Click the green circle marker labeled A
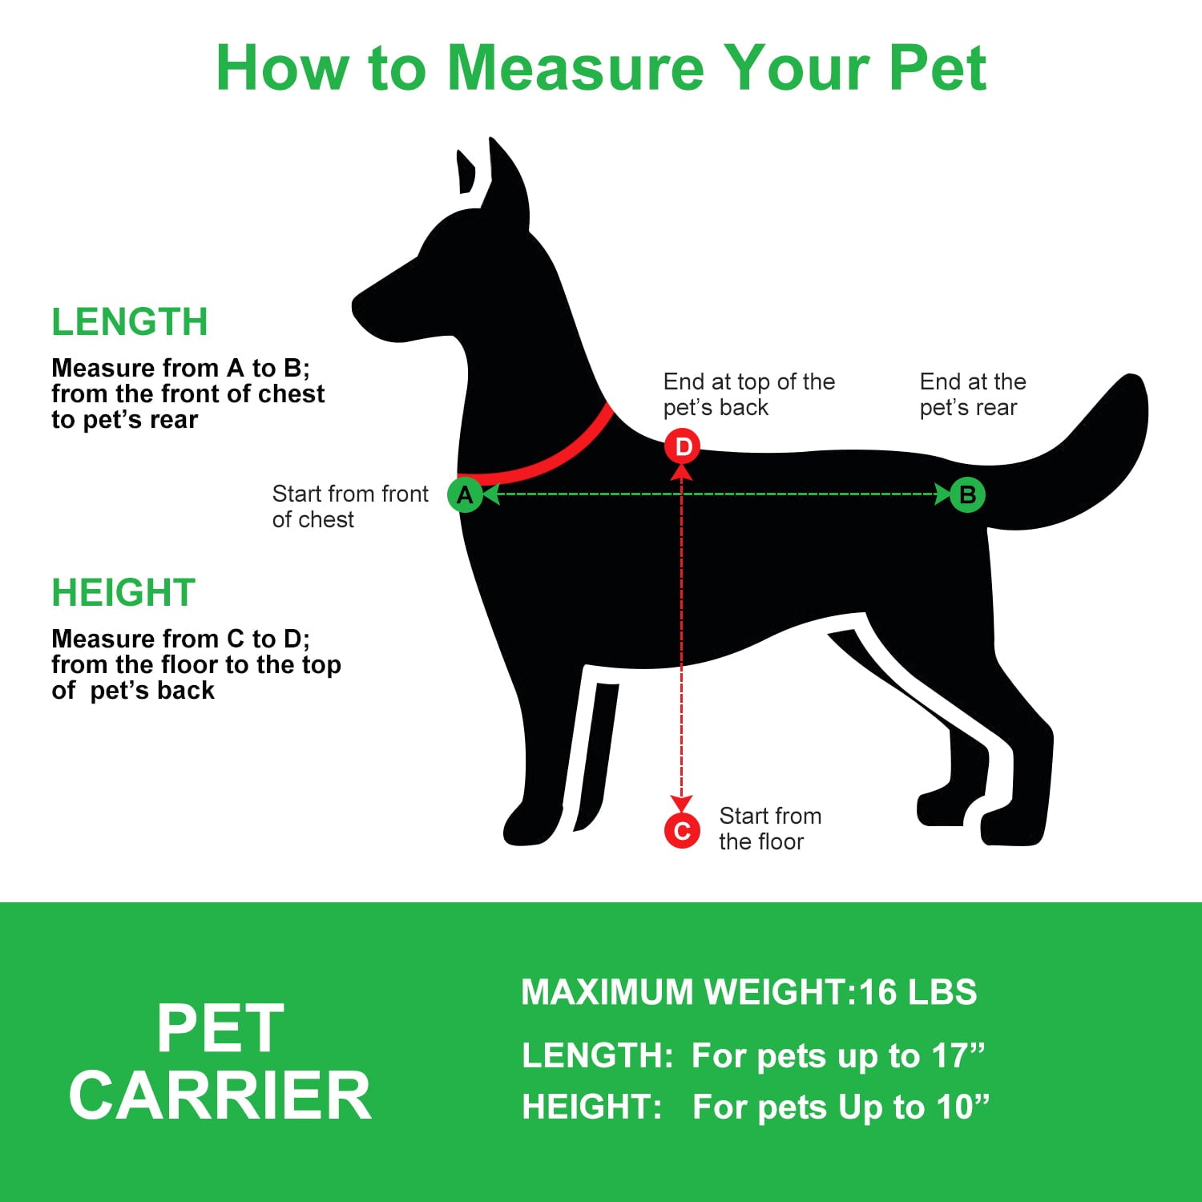465,495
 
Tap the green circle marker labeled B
967,494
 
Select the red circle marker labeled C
682,831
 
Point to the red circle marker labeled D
683,446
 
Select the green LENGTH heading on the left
130,322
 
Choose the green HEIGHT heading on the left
123,593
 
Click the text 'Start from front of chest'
350,506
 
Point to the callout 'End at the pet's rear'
972,394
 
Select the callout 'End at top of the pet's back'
748,394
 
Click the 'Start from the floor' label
769,829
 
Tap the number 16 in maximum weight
877,992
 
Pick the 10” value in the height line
962,1107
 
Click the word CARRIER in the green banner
220,1096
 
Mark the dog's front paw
529,825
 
